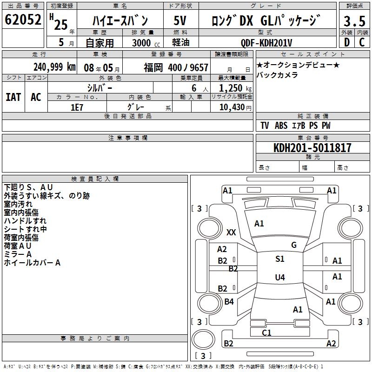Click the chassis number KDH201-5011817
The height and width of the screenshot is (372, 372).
(312, 148)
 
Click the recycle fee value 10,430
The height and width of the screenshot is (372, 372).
(231, 107)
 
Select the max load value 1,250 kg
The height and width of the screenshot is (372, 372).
(232, 88)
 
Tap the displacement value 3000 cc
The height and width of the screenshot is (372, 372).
(147, 43)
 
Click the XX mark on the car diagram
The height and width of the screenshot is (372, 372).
(231, 232)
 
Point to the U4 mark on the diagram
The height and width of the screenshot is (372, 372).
(280, 278)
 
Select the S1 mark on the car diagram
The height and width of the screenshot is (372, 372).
(280, 259)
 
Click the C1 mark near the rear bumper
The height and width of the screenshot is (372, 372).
(267, 332)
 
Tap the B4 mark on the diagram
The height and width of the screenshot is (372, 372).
(229, 302)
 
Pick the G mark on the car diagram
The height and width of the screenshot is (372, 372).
(294, 245)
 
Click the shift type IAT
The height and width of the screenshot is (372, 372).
(13, 97)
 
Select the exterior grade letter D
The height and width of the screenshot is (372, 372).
(346, 42)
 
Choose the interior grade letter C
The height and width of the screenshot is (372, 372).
(362, 42)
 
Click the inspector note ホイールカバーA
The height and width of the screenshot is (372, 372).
(32, 263)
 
